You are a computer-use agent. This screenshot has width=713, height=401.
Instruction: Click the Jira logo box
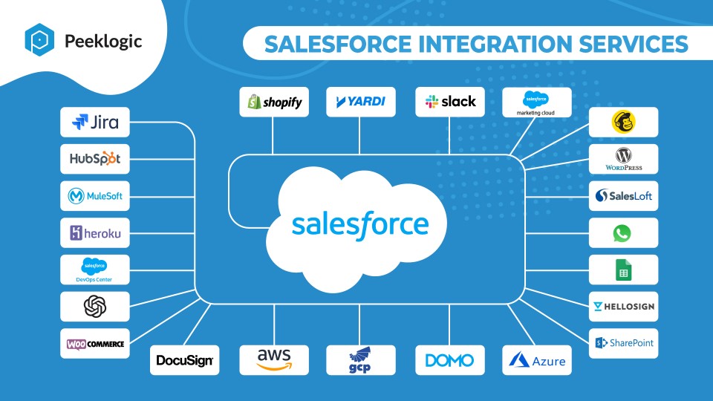tap(95, 123)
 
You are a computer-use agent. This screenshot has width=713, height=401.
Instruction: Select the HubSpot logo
tap(95, 159)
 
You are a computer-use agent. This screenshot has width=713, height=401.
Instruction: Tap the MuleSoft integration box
tap(95, 196)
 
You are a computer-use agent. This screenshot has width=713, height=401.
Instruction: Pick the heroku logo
tap(95, 232)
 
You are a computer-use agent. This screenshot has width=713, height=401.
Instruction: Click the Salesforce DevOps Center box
tap(95, 270)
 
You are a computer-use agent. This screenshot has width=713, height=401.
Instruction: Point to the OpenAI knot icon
tap(95, 307)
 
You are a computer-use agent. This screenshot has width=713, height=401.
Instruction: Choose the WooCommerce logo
tap(95, 344)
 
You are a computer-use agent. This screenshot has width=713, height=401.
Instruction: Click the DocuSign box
tap(185, 360)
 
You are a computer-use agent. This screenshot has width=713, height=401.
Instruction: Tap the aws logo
tap(274, 359)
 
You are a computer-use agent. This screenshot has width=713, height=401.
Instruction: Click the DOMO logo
tap(449, 361)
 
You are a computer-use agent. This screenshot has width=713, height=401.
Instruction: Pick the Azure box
tap(536, 360)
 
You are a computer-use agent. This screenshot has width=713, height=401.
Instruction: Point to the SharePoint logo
tap(624, 343)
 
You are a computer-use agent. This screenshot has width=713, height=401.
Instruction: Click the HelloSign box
tap(623, 307)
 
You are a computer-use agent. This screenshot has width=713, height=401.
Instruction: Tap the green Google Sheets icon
tap(623, 270)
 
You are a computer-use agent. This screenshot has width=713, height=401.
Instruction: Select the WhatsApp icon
tap(622, 233)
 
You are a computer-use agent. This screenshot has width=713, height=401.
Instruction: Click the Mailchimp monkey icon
tap(623, 122)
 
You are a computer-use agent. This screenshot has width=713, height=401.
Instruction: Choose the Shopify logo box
tap(274, 102)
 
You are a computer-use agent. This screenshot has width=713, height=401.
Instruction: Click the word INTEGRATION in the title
tap(495, 44)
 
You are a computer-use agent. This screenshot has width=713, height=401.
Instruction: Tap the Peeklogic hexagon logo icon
tap(39, 40)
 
